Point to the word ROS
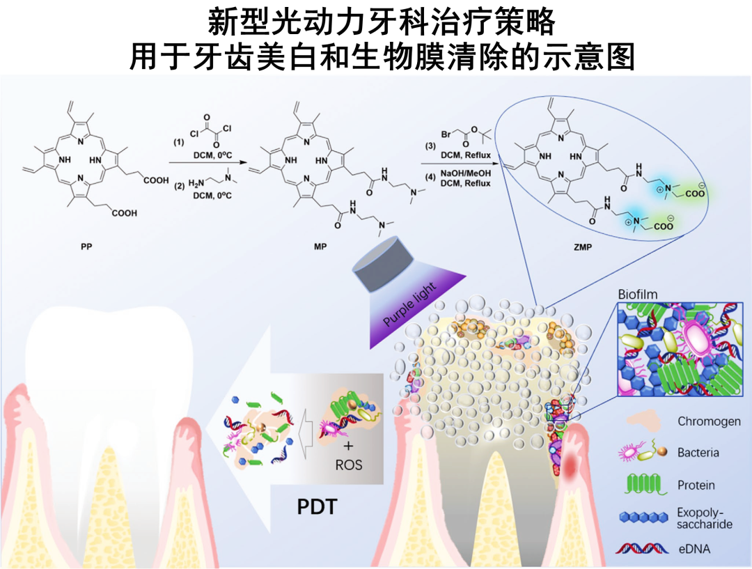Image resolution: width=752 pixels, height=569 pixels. (x=348, y=465)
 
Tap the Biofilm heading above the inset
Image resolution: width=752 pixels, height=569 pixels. (x=638, y=295)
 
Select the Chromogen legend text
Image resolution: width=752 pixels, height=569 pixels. (x=709, y=421)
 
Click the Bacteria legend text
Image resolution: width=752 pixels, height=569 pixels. (x=698, y=453)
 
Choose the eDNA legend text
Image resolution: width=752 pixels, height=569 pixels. (x=694, y=549)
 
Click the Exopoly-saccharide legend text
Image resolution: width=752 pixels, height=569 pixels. (x=704, y=518)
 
